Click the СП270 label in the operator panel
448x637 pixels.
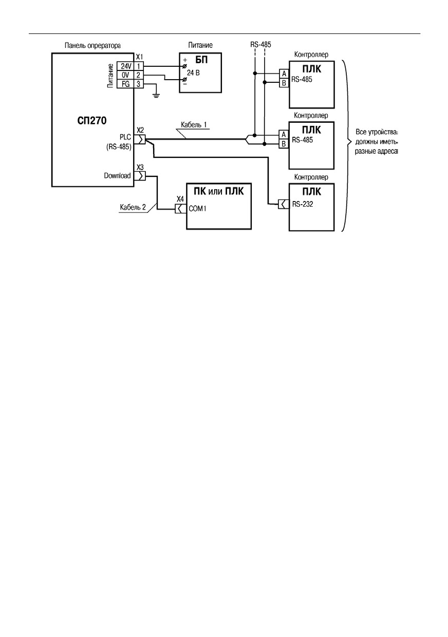point(92,121)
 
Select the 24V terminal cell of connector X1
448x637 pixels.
point(125,66)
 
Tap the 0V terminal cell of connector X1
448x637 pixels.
point(125,75)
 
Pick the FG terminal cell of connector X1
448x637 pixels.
point(125,84)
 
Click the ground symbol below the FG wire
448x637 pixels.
point(156,95)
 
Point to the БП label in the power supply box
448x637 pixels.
point(201,60)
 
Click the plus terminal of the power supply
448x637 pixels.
point(184,66)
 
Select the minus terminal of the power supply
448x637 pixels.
point(184,80)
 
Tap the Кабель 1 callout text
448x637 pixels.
point(194,124)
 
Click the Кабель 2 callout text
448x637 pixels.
point(133,207)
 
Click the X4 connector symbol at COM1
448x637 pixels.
point(180,209)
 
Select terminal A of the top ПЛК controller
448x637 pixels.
point(284,74)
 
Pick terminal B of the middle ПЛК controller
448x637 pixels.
point(284,144)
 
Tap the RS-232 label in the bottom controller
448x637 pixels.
point(303,204)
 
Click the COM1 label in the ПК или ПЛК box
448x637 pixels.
point(197,209)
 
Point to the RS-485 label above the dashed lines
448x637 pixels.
point(260,45)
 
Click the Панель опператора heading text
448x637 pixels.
point(92,45)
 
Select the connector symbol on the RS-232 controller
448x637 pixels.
point(284,204)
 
